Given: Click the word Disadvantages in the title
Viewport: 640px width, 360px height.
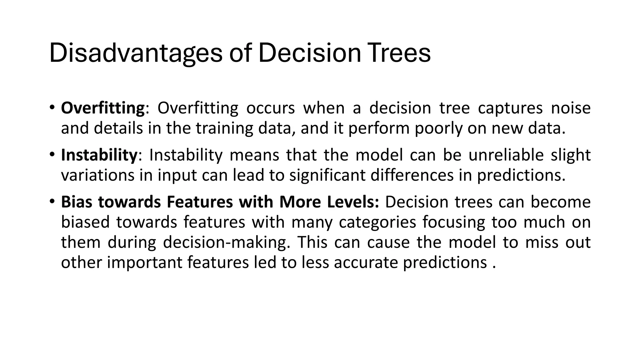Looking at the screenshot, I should point(136,53).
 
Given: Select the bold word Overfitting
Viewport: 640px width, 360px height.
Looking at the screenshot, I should point(103,108).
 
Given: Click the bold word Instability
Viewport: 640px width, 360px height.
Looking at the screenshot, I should point(99,155).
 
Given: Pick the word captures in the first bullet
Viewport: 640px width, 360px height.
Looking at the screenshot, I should point(510,108).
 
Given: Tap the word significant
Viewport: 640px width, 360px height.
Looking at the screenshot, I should point(327,175).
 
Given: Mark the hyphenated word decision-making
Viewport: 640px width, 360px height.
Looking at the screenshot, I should point(224,242).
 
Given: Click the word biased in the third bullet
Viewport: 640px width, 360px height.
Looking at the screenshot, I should point(85,222).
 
